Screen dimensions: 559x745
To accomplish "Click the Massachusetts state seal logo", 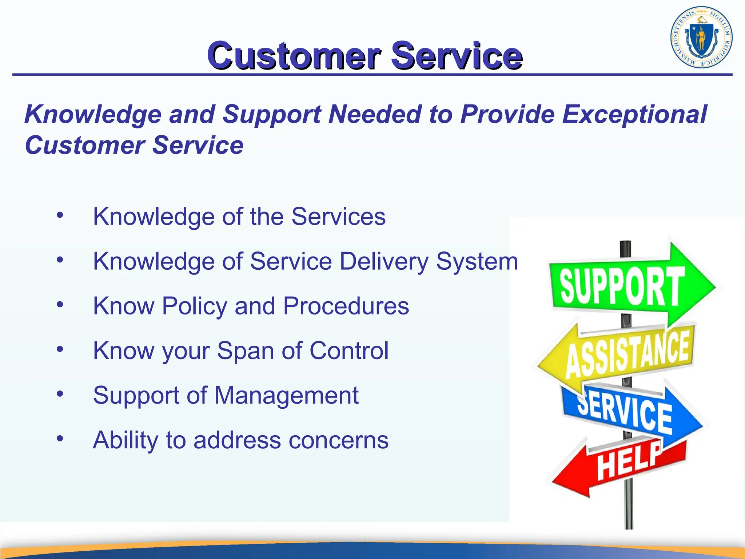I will pyautogui.click(x=701, y=37).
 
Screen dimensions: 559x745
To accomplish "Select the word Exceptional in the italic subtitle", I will pyautogui.click(x=634, y=114).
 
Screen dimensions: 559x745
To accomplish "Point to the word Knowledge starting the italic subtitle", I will pyautogui.click(x=93, y=114).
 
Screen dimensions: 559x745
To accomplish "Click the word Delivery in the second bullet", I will pyautogui.click(x=384, y=262).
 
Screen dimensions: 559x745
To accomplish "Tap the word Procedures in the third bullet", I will pyautogui.click(x=346, y=306).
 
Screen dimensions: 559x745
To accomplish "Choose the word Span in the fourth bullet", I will pyautogui.click(x=245, y=351).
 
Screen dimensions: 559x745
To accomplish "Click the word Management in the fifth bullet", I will pyautogui.click(x=286, y=396).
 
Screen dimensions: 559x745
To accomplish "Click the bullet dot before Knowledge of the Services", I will pyautogui.click(x=60, y=215).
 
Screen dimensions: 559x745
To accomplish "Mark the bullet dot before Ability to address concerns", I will pyautogui.click(x=60, y=439).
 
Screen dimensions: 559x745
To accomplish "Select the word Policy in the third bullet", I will pyautogui.click(x=194, y=306).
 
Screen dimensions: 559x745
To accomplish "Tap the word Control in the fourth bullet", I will pyautogui.click(x=349, y=351).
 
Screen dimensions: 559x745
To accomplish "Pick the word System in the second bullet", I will pyautogui.click(x=477, y=262).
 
